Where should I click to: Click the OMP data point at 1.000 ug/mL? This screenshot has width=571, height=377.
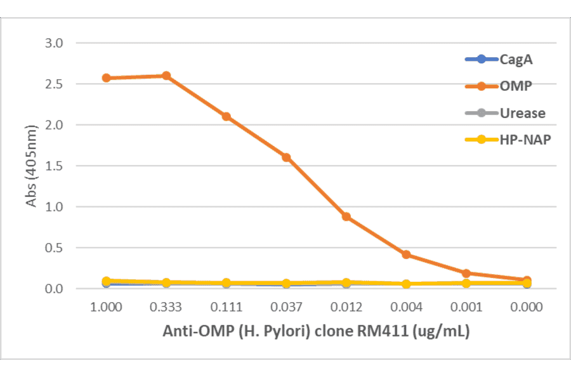tap(107, 78)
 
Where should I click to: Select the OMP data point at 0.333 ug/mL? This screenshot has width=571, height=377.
tap(166, 76)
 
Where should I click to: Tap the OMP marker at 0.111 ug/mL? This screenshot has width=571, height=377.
tap(226, 117)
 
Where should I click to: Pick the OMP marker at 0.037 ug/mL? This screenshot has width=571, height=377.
tap(286, 157)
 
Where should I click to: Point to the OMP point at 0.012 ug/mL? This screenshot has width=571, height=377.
tap(346, 216)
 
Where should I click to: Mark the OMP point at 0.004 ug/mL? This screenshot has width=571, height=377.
tap(406, 255)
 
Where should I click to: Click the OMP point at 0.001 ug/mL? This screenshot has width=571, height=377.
tap(466, 274)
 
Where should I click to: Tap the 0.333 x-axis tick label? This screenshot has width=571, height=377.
tap(166, 308)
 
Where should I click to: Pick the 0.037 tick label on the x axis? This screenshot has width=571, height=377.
tap(286, 308)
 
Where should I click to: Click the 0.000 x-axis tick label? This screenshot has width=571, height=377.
tap(527, 308)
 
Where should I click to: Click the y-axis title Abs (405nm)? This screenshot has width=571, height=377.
tap(33, 166)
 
